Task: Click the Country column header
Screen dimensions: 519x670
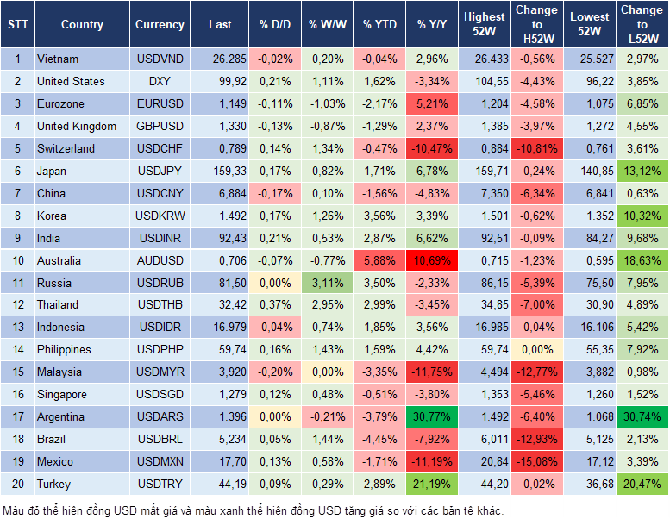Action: pos(82,25)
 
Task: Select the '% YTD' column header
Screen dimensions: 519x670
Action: pos(380,25)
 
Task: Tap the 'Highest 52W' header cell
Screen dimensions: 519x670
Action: pos(484,25)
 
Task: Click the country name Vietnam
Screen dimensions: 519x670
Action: pos(58,59)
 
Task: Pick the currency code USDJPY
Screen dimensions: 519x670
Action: pos(160,171)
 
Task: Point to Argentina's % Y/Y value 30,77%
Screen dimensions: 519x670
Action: pos(433,416)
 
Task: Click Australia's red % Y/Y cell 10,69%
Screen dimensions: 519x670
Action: pos(433,260)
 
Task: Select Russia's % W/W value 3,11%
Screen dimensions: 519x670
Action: pos(327,283)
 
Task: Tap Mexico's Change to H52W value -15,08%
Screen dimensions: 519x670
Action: pos(536,461)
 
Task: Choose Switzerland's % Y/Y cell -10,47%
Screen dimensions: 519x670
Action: pos(433,148)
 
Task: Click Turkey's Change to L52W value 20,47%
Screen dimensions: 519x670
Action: pos(642,484)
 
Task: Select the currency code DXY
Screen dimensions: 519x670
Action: pos(160,81)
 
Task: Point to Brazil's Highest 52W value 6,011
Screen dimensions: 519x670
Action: pos(484,439)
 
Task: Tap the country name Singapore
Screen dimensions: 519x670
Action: pos(61,394)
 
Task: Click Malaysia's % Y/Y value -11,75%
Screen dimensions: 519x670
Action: pos(433,372)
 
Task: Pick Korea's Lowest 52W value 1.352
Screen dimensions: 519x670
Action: pos(589,216)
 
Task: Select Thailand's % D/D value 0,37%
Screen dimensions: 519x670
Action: pos(275,304)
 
